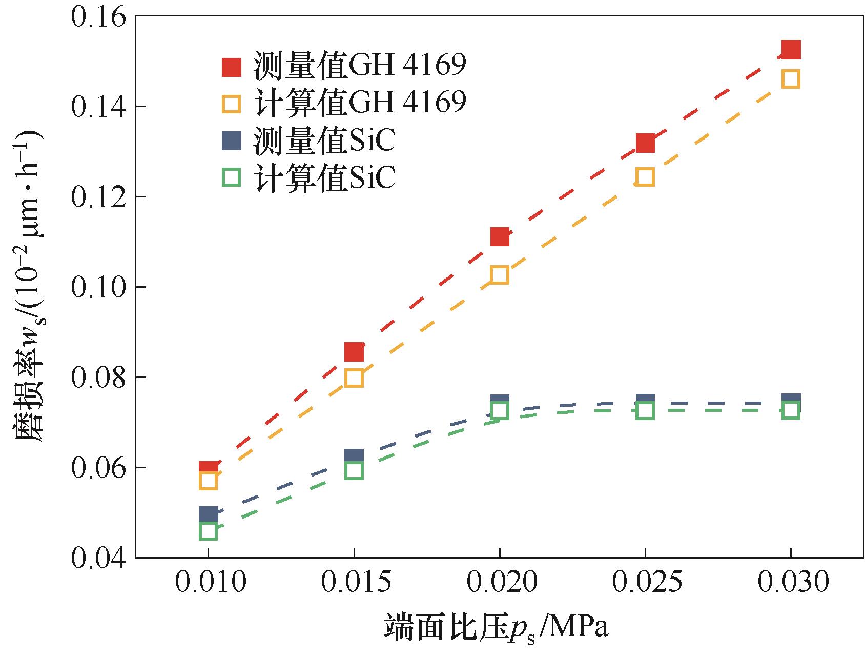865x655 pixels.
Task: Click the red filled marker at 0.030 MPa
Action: coord(791,50)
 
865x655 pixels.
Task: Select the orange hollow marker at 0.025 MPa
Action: coord(645,177)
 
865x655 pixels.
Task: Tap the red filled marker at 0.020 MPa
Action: coord(500,237)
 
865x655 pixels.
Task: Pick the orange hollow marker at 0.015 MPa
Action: coord(354,378)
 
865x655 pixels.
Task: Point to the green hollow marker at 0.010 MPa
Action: coord(208,531)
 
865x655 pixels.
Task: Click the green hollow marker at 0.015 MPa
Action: coord(354,470)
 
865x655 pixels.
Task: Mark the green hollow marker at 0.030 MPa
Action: coord(791,410)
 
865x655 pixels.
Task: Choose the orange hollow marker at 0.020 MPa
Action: coord(500,275)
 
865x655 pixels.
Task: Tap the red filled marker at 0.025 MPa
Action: coord(645,143)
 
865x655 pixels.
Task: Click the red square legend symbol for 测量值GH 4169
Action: coord(231,67)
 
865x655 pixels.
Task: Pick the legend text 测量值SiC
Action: coord(324,141)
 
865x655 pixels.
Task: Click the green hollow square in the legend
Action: coord(231,178)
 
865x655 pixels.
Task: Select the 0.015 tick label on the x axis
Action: coord(354,583)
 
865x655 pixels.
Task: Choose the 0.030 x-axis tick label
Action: coord(791,583)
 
